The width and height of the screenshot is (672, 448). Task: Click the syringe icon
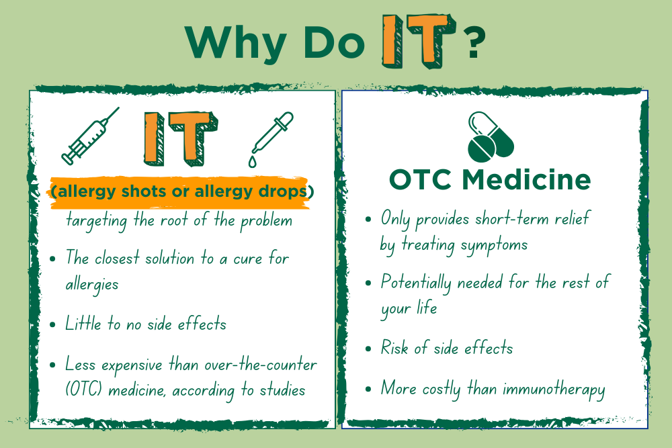(89, 137)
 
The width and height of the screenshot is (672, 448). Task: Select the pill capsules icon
(491, 136)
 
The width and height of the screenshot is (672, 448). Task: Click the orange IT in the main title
(418, 41)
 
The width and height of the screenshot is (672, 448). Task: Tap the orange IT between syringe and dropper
(181, 139)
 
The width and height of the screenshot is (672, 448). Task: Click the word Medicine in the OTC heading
(526, 179)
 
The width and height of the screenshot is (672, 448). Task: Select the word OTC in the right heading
(420, 179)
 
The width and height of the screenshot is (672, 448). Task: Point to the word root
(174, 220)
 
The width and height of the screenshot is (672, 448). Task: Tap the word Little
(83, 323)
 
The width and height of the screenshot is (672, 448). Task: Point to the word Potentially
(416, 283)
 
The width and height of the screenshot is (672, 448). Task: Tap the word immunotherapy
(554, 390)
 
